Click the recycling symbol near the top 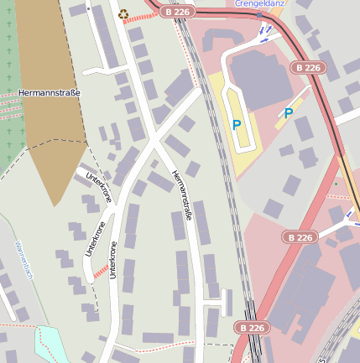(x=123, y=13)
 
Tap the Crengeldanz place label (x=261, y=3)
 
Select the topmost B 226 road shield (x=179, y=12)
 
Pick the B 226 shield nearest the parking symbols (x=309, y=66)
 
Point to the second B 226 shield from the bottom (x=300, y=237)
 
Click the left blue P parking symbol (x=237, y=125)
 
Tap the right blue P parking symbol (x=289, y=113)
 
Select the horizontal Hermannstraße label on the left (x=49, y=93)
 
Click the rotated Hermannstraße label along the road (x=182, y=195)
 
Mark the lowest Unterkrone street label (x=112, y=260)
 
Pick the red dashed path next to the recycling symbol (x=138, y=15)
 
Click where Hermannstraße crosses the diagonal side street (x=153, y=142)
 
